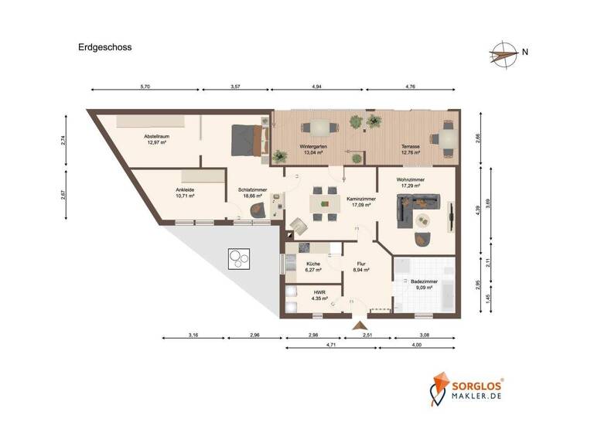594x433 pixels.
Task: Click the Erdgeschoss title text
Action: tap(104, 46)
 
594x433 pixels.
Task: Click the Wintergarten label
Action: tap(313, 149)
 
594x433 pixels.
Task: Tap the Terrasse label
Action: tap(409, 149)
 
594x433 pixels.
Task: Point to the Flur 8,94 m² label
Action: tap(360, 268)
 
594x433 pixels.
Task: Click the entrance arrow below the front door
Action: tap(358, 326)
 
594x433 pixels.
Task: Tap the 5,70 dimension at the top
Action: tap(145, 87)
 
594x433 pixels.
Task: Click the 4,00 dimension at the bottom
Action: tap(417, 344)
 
